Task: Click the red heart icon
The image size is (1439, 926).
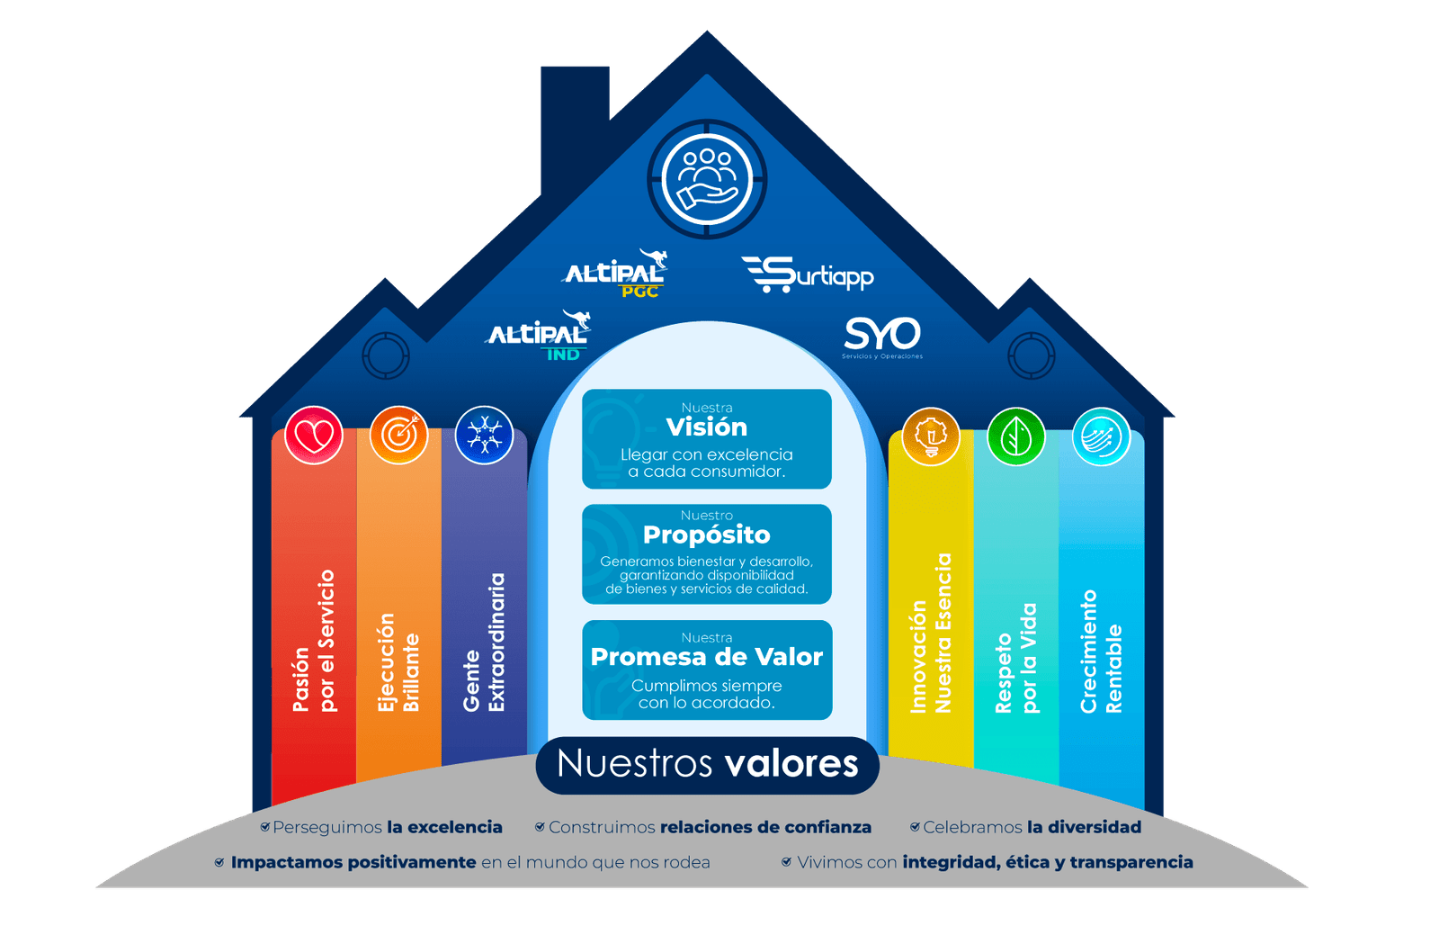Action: (314, 436)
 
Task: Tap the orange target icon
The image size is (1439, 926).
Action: (398, 436)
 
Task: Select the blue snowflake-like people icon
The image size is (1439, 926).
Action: (484, 436)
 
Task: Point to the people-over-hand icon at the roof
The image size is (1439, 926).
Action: (707, 178)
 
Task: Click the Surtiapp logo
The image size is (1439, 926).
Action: (808, 274)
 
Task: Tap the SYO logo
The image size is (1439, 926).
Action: (882, 337)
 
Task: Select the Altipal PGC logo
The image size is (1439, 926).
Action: (617, 274)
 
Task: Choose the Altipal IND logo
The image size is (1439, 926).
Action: (540, 336)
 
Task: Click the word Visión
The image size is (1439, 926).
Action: (707, 427)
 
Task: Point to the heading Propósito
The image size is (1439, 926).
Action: (707, 535)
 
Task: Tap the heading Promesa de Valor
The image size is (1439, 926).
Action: (707, 657)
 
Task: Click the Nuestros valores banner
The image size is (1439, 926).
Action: (707, 764)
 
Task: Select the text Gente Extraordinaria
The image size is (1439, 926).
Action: (484, 643)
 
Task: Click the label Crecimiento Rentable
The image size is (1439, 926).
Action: (1101, 652)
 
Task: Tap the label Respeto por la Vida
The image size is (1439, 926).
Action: (1016, 659)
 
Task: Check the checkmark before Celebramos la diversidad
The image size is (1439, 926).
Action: (915, 827)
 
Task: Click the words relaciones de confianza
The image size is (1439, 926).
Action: (765, 827)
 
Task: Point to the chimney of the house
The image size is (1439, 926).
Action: (576, 126)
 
